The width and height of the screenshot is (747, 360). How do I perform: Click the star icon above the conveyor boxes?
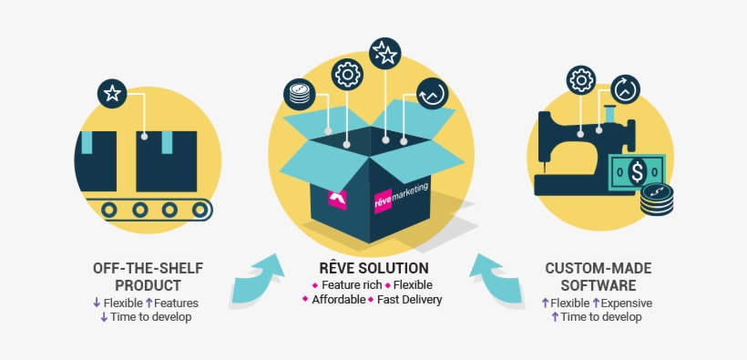coord(111,93)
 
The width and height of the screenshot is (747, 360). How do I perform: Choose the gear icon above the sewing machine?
coord(580,81)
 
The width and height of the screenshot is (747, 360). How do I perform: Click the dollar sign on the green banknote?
coord(637,171)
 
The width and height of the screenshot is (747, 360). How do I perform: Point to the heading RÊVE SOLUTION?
coord(373,269)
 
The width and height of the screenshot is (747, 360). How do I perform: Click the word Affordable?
coord(338,300)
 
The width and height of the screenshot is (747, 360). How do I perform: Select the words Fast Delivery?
coord(409,300)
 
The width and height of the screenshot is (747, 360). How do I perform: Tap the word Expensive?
coord(629,303)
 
